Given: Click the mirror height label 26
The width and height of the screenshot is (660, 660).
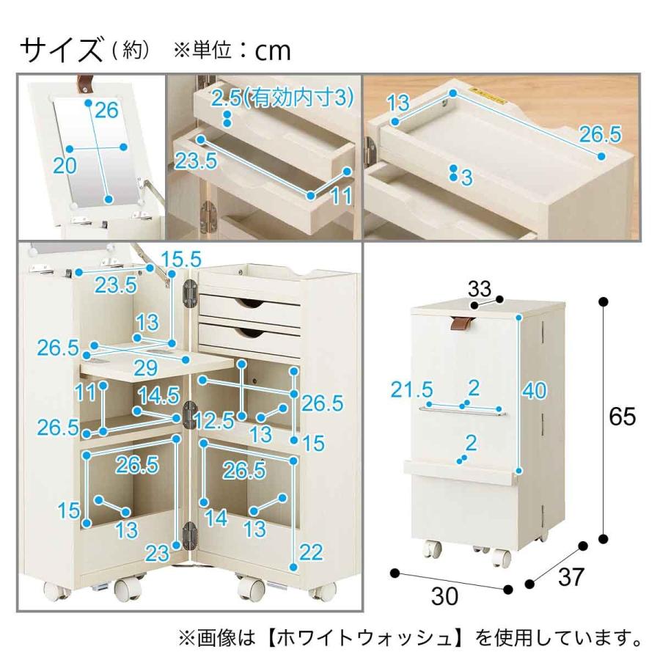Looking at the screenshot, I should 106,111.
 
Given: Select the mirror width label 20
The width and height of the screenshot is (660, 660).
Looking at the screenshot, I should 65,166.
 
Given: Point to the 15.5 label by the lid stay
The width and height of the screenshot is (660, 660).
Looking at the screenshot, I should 181,258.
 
